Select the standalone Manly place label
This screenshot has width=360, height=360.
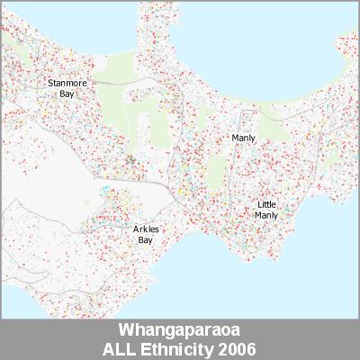243,138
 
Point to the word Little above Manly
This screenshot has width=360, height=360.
266,205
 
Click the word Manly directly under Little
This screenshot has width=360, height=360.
266,215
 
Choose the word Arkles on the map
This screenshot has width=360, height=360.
145,230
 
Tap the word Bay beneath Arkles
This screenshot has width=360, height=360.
145,240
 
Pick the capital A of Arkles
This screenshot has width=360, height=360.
135,230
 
